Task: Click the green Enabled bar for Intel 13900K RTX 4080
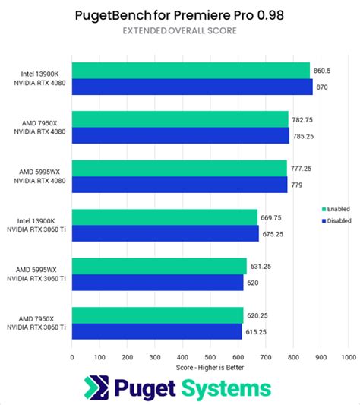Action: (191, 71)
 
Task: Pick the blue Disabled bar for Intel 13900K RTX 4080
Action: (192, 87)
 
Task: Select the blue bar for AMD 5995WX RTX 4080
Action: (179, 185)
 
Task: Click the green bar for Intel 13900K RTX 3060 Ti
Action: (165, 217)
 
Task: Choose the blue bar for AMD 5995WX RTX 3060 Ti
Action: (158, 283)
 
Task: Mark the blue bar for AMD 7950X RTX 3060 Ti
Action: (157, 331)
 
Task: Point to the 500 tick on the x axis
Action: (210, 355)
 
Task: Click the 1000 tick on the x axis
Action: (349, 355)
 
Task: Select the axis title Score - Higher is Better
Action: (210, 365)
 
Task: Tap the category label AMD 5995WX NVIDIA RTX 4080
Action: (40, 176)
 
